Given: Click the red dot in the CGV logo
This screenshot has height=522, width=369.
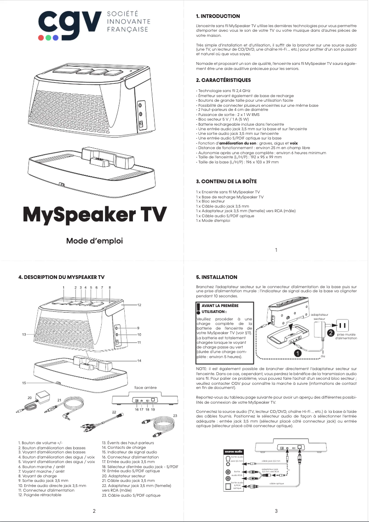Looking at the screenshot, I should click(41, 38).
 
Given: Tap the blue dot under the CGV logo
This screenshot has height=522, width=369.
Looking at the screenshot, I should click(56, 38).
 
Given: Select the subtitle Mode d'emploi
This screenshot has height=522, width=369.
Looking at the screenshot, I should click(95, 241).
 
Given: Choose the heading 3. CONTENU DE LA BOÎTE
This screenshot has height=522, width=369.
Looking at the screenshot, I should click(226, 181).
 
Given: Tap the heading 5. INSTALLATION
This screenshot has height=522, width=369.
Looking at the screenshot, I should click(217, 277).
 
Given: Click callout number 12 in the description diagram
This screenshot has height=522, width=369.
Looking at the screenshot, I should click(139, 305).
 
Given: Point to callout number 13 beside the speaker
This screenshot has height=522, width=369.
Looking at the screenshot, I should click(23, 334).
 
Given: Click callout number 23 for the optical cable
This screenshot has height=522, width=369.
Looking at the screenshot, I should click(175, 416).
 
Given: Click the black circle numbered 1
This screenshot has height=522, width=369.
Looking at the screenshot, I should click(298, 353).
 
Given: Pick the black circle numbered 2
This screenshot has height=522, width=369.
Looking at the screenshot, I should click(330, 332).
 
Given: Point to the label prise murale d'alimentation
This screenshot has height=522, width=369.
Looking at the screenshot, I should click(346, 336).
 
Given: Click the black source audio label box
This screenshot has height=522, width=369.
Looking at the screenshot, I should click(233, 452).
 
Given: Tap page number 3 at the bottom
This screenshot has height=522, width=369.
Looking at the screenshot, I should click(276, 511).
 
